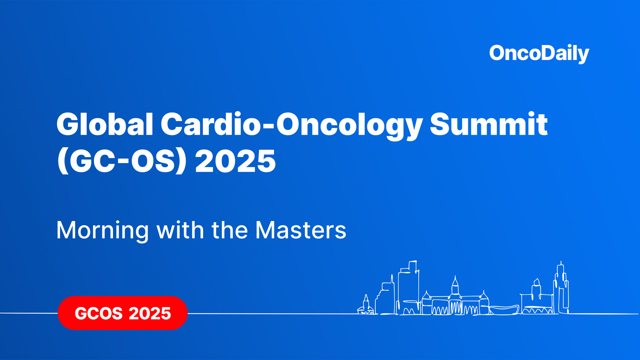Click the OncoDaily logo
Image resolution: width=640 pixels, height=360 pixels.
[539, 53]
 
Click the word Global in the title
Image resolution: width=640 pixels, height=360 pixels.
[105, 124]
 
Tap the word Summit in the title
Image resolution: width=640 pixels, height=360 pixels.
[488, 124]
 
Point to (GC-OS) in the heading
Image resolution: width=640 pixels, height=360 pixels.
[122, 161]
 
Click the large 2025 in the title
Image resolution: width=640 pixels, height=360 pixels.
[235, 161]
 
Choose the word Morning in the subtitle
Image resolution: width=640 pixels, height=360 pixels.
[102, 230]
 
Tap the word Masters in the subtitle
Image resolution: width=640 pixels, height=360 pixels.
[301, 230]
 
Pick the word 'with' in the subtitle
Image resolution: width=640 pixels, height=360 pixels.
[180, 230]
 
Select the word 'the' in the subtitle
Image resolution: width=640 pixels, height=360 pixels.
[230, 230]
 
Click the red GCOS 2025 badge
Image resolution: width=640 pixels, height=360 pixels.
[122, 313]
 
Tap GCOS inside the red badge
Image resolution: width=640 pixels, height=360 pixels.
[99, 313]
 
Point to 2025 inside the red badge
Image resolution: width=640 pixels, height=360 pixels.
[150, 313]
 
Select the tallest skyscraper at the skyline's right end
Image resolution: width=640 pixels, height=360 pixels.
[561, 287]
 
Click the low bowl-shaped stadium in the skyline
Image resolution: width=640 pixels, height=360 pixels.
[504, 310]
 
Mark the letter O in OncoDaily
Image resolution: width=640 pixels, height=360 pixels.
[498, 53]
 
